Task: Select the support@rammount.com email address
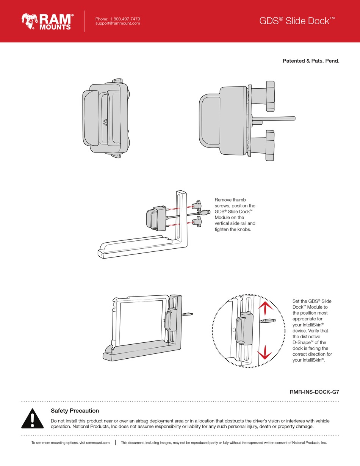[x=117, y=24]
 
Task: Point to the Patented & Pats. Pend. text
[x=311, y=61]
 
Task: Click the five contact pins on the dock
[x=105, y=122]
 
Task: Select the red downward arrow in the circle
[x=265, y=353]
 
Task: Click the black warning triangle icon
[x=33, y=419]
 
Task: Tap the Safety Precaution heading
[x=75, y=411]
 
